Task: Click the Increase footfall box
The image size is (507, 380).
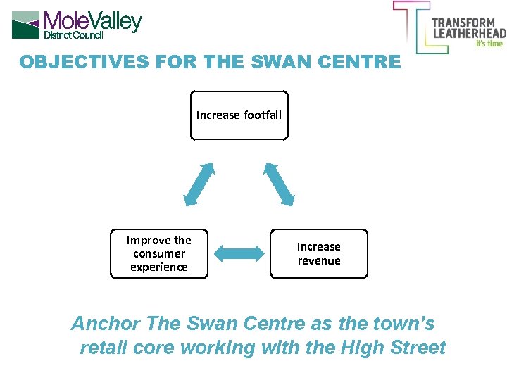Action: click(x=239, y=115)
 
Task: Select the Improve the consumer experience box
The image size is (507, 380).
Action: click(x=159, y=253)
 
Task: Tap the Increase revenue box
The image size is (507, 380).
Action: click(x=318, y=253)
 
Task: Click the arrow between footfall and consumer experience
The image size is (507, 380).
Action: click(x=199, y=184)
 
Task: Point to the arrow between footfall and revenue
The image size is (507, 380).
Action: click(x=279, y=184)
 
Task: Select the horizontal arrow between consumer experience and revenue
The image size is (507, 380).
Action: click(x=237, y=253)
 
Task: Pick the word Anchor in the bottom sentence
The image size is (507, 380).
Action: click(x=107, y=324)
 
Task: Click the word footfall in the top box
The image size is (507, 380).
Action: click(x=261, y=115)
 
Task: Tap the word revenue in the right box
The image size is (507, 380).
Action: click(x=319, y=261)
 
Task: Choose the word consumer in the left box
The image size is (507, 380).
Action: click(x=159, y=253)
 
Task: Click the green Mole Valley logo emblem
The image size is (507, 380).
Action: click(x=25, y=25)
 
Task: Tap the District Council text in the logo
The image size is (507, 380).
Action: click(x=73, y=35)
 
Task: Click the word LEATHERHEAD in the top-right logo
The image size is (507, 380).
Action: click(x=468, y=33)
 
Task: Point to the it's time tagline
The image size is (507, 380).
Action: click(x=489, y=44)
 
